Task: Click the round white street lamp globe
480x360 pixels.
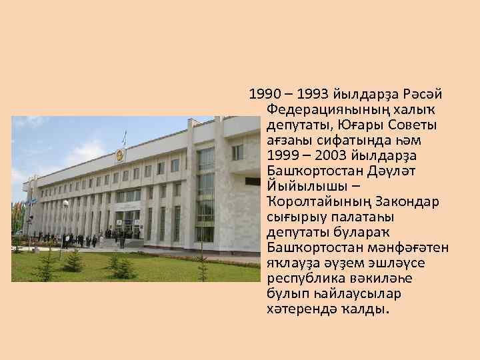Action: point(65,203)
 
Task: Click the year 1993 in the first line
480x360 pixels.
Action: point(311,92)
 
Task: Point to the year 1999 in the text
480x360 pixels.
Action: point(281,157)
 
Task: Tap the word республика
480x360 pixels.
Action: point(305,279)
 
